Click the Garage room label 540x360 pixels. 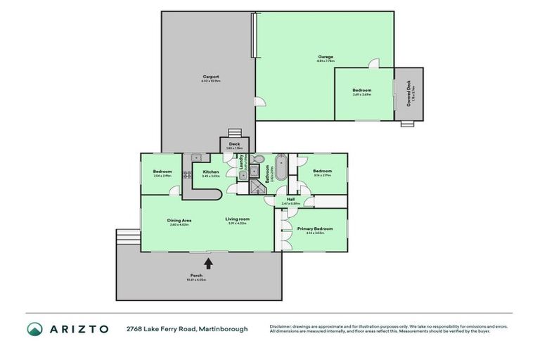coord(324,57)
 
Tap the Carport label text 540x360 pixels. coord(211,77)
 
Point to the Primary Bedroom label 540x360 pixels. coord(310,229)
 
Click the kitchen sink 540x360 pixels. coord(196,157)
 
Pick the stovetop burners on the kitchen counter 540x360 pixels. coord(188,174)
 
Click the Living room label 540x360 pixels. coord(238,219)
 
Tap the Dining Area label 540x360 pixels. coord(179,220)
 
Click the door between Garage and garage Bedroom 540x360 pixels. coord(375,63)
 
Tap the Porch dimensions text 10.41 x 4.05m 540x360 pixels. coord(196,280)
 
